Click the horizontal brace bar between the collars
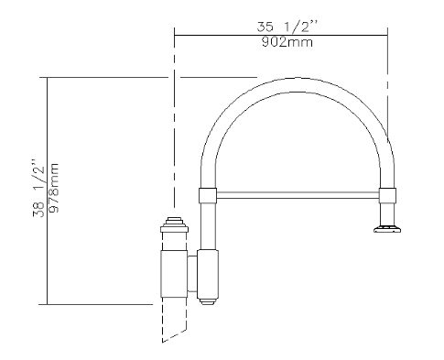pos(298,193)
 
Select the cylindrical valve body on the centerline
pos(174,270)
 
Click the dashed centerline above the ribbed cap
pos(173,137)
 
